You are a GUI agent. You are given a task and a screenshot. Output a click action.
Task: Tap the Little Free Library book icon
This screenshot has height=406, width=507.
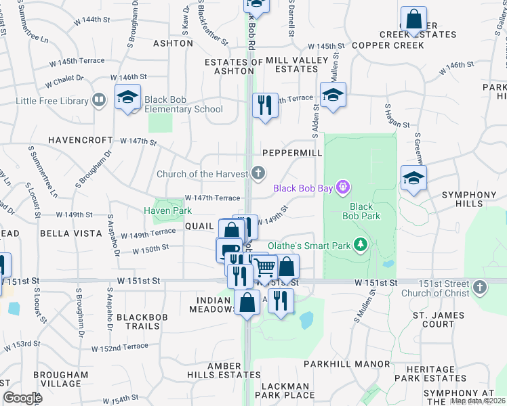[x=99, y=101]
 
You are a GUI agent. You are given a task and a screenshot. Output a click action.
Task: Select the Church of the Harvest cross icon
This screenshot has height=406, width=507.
[x=258, y=174]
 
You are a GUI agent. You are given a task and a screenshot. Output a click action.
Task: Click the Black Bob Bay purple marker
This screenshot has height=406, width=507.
[x=344, y=187]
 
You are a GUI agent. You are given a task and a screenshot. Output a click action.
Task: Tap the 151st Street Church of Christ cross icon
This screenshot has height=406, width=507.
[x=479, y=288]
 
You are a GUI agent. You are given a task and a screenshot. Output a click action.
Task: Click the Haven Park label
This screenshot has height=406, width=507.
[x=167, y=210]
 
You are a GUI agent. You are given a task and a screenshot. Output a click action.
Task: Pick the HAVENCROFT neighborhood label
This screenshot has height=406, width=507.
[x=80, y=140]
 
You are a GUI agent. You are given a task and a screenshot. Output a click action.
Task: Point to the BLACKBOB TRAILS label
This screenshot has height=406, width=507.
[x=147, y=321]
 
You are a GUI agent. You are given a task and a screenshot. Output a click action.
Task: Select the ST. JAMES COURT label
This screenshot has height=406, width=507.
[x=439, y=319]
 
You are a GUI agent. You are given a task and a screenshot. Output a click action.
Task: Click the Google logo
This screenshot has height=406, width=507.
[x=22, y=397]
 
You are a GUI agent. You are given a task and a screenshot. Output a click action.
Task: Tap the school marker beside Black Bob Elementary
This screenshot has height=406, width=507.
[x=127, y=97]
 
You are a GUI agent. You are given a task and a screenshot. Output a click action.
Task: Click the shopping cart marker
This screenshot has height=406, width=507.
[x=265, y=268]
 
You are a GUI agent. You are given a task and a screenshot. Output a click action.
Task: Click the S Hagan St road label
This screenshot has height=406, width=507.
[x=397, y=115]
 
